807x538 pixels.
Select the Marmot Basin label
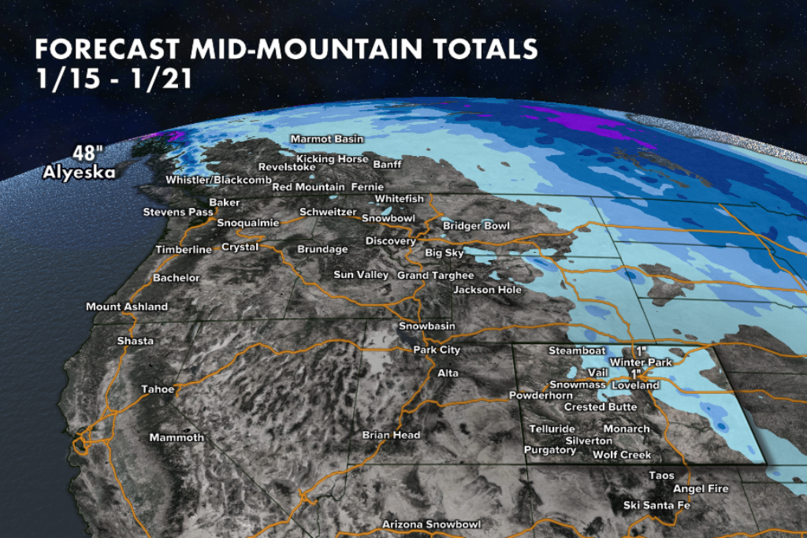click(327, 139)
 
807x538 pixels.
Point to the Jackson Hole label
click(487, 290)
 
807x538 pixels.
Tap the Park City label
click(437, 350)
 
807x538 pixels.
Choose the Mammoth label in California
click(177, 437)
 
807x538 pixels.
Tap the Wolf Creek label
click(622, 455)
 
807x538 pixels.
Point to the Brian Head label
click(391, 435)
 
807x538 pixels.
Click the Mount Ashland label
click(127, 306)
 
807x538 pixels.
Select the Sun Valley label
click(361, 275)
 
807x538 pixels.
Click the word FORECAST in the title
click(108, 50)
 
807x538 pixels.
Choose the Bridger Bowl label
click(476, 226)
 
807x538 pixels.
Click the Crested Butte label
click(601, 407)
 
